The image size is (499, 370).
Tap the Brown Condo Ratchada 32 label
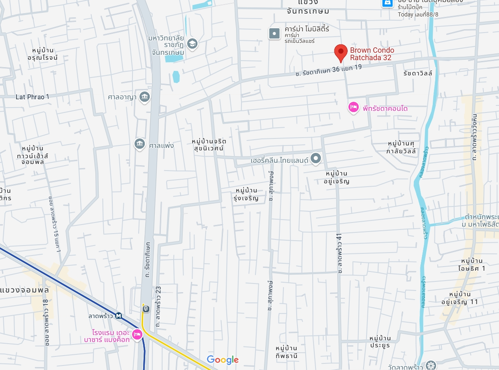(x=371, y=54)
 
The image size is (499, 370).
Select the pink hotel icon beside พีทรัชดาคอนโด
(x=353, y=108)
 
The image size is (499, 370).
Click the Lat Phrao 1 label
(x=32, y=97)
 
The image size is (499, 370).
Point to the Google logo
(x=223, y=360)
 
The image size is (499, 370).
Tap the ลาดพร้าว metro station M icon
(x=118, y=316)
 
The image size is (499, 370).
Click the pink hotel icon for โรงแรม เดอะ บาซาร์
(x=137, y=335)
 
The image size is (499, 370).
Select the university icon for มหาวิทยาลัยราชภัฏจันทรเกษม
(x=192, y=43)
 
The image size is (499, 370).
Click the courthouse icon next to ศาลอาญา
(x=144, y=97)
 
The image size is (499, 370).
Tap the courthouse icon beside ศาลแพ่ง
(x=140, y=144)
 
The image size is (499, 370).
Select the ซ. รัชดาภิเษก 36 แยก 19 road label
(x=328, y=70)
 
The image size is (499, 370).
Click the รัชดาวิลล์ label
(x=418, y=73)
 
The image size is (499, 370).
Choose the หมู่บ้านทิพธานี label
(x=287, y=352)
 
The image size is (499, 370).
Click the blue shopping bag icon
(x=387, y=2)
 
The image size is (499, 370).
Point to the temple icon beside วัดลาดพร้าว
(x=431, y=365)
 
